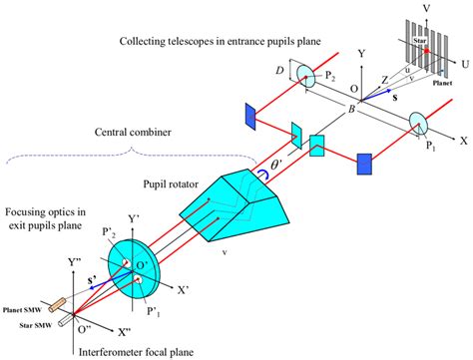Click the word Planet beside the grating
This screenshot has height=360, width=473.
click(445, 83)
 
